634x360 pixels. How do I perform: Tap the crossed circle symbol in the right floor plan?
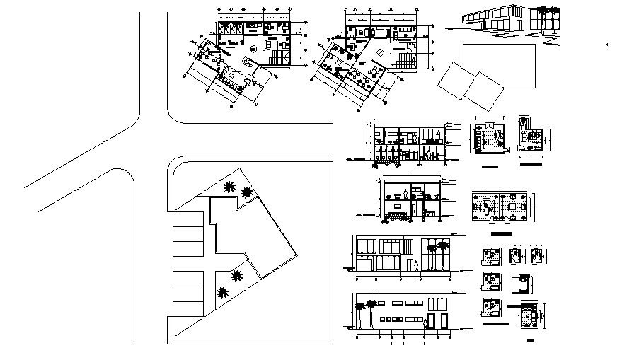coord(380,52)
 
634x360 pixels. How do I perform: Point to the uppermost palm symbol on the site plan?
coord(229,187)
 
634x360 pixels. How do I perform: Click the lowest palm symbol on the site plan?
coord(224,293)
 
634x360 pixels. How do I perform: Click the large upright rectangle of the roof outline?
coord(494,63)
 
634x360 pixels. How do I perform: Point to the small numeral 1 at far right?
coord(608,45)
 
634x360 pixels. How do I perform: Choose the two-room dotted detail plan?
coord(501,209)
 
